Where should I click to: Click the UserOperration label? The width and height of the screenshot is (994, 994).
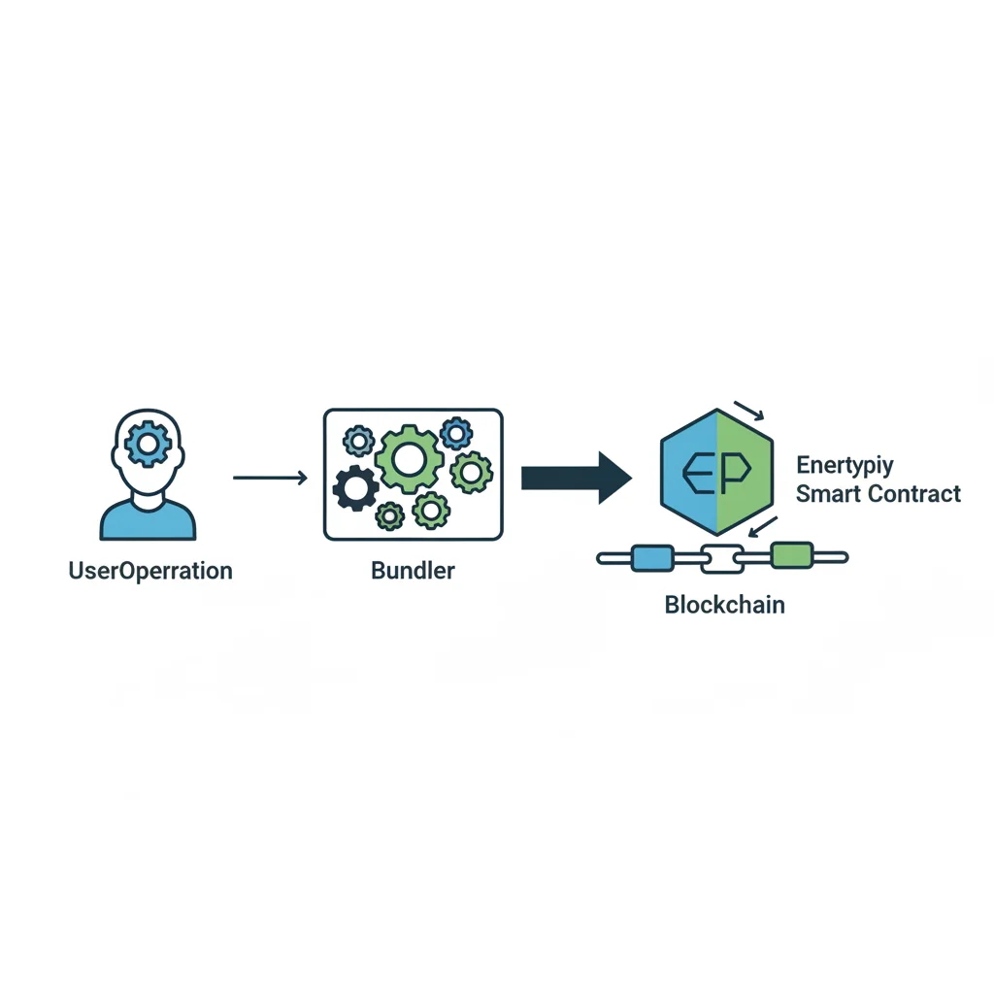(x=150, y=571)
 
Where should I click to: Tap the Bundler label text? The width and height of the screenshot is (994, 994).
(x=413, y=571)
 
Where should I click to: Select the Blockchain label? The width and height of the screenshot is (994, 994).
(x=724, y=605)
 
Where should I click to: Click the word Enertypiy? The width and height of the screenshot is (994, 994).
(x=845, y=466)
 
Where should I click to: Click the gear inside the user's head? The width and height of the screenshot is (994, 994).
(x=148, y=444)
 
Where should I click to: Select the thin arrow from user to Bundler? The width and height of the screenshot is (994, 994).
(x=270, y=478)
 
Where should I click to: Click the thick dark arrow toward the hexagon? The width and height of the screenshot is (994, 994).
(x=577, y=478)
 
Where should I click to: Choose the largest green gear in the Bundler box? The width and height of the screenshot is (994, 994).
(x=408, y=459)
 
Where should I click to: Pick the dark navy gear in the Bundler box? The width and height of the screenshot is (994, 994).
(x=355, y=487)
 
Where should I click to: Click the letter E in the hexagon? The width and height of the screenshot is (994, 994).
(x=698, y=473)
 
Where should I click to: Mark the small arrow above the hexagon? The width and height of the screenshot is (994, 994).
(x=748, y=411)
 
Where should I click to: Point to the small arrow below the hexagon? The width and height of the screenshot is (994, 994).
(x=763, y=527)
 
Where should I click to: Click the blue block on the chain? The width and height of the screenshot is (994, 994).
(x=653, y=558)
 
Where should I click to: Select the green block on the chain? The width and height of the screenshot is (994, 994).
(x=792, y=555)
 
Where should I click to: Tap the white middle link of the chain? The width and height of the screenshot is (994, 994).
(x=722, y=559)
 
